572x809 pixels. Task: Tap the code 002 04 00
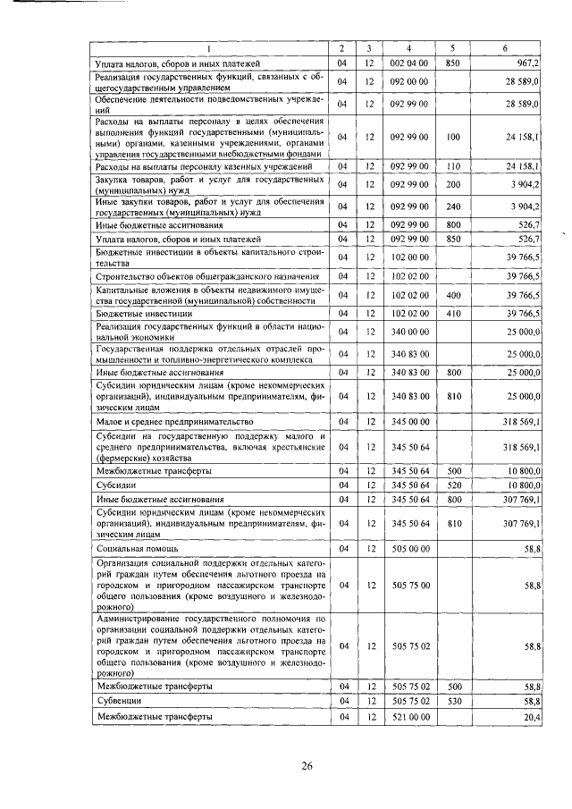pos(412,64)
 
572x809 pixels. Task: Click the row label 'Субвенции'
pos(118,702)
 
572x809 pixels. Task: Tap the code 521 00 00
pos(412,717)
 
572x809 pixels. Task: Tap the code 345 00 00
pos(412,420)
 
